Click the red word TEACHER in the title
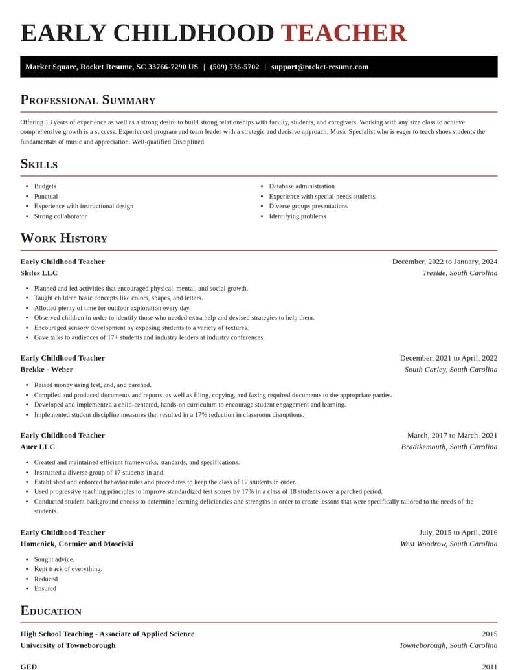click(343, 33)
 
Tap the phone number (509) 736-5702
click(234, 67)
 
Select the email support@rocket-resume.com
click(320, 67)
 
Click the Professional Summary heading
click(87, 100)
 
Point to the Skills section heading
click(39, 164)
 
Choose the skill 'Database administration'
click(302, 186)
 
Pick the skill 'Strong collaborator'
click(60, 216)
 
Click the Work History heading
click(63, 238)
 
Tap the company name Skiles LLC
click(39, 273)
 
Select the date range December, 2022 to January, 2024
click(445, 262)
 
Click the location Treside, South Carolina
click(460, 273)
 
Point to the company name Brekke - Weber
click(47, 370)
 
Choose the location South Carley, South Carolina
click(451, 370)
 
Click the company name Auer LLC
click(38, 447)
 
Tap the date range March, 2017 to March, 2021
click(452, 435)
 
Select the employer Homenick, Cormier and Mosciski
click(76, 544)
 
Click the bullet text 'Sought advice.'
click(54, 559)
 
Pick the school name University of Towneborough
click(68, 645)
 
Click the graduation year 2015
click(490, 634)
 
